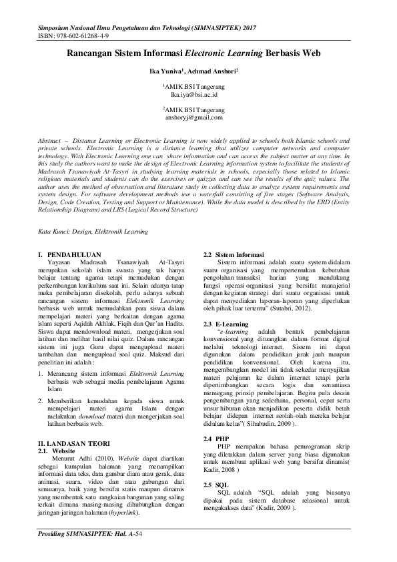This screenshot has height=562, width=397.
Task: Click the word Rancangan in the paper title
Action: pos(96,53)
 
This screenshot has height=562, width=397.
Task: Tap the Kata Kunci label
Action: pos(54,232)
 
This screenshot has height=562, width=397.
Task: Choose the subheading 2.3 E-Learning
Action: pos(226,305)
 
